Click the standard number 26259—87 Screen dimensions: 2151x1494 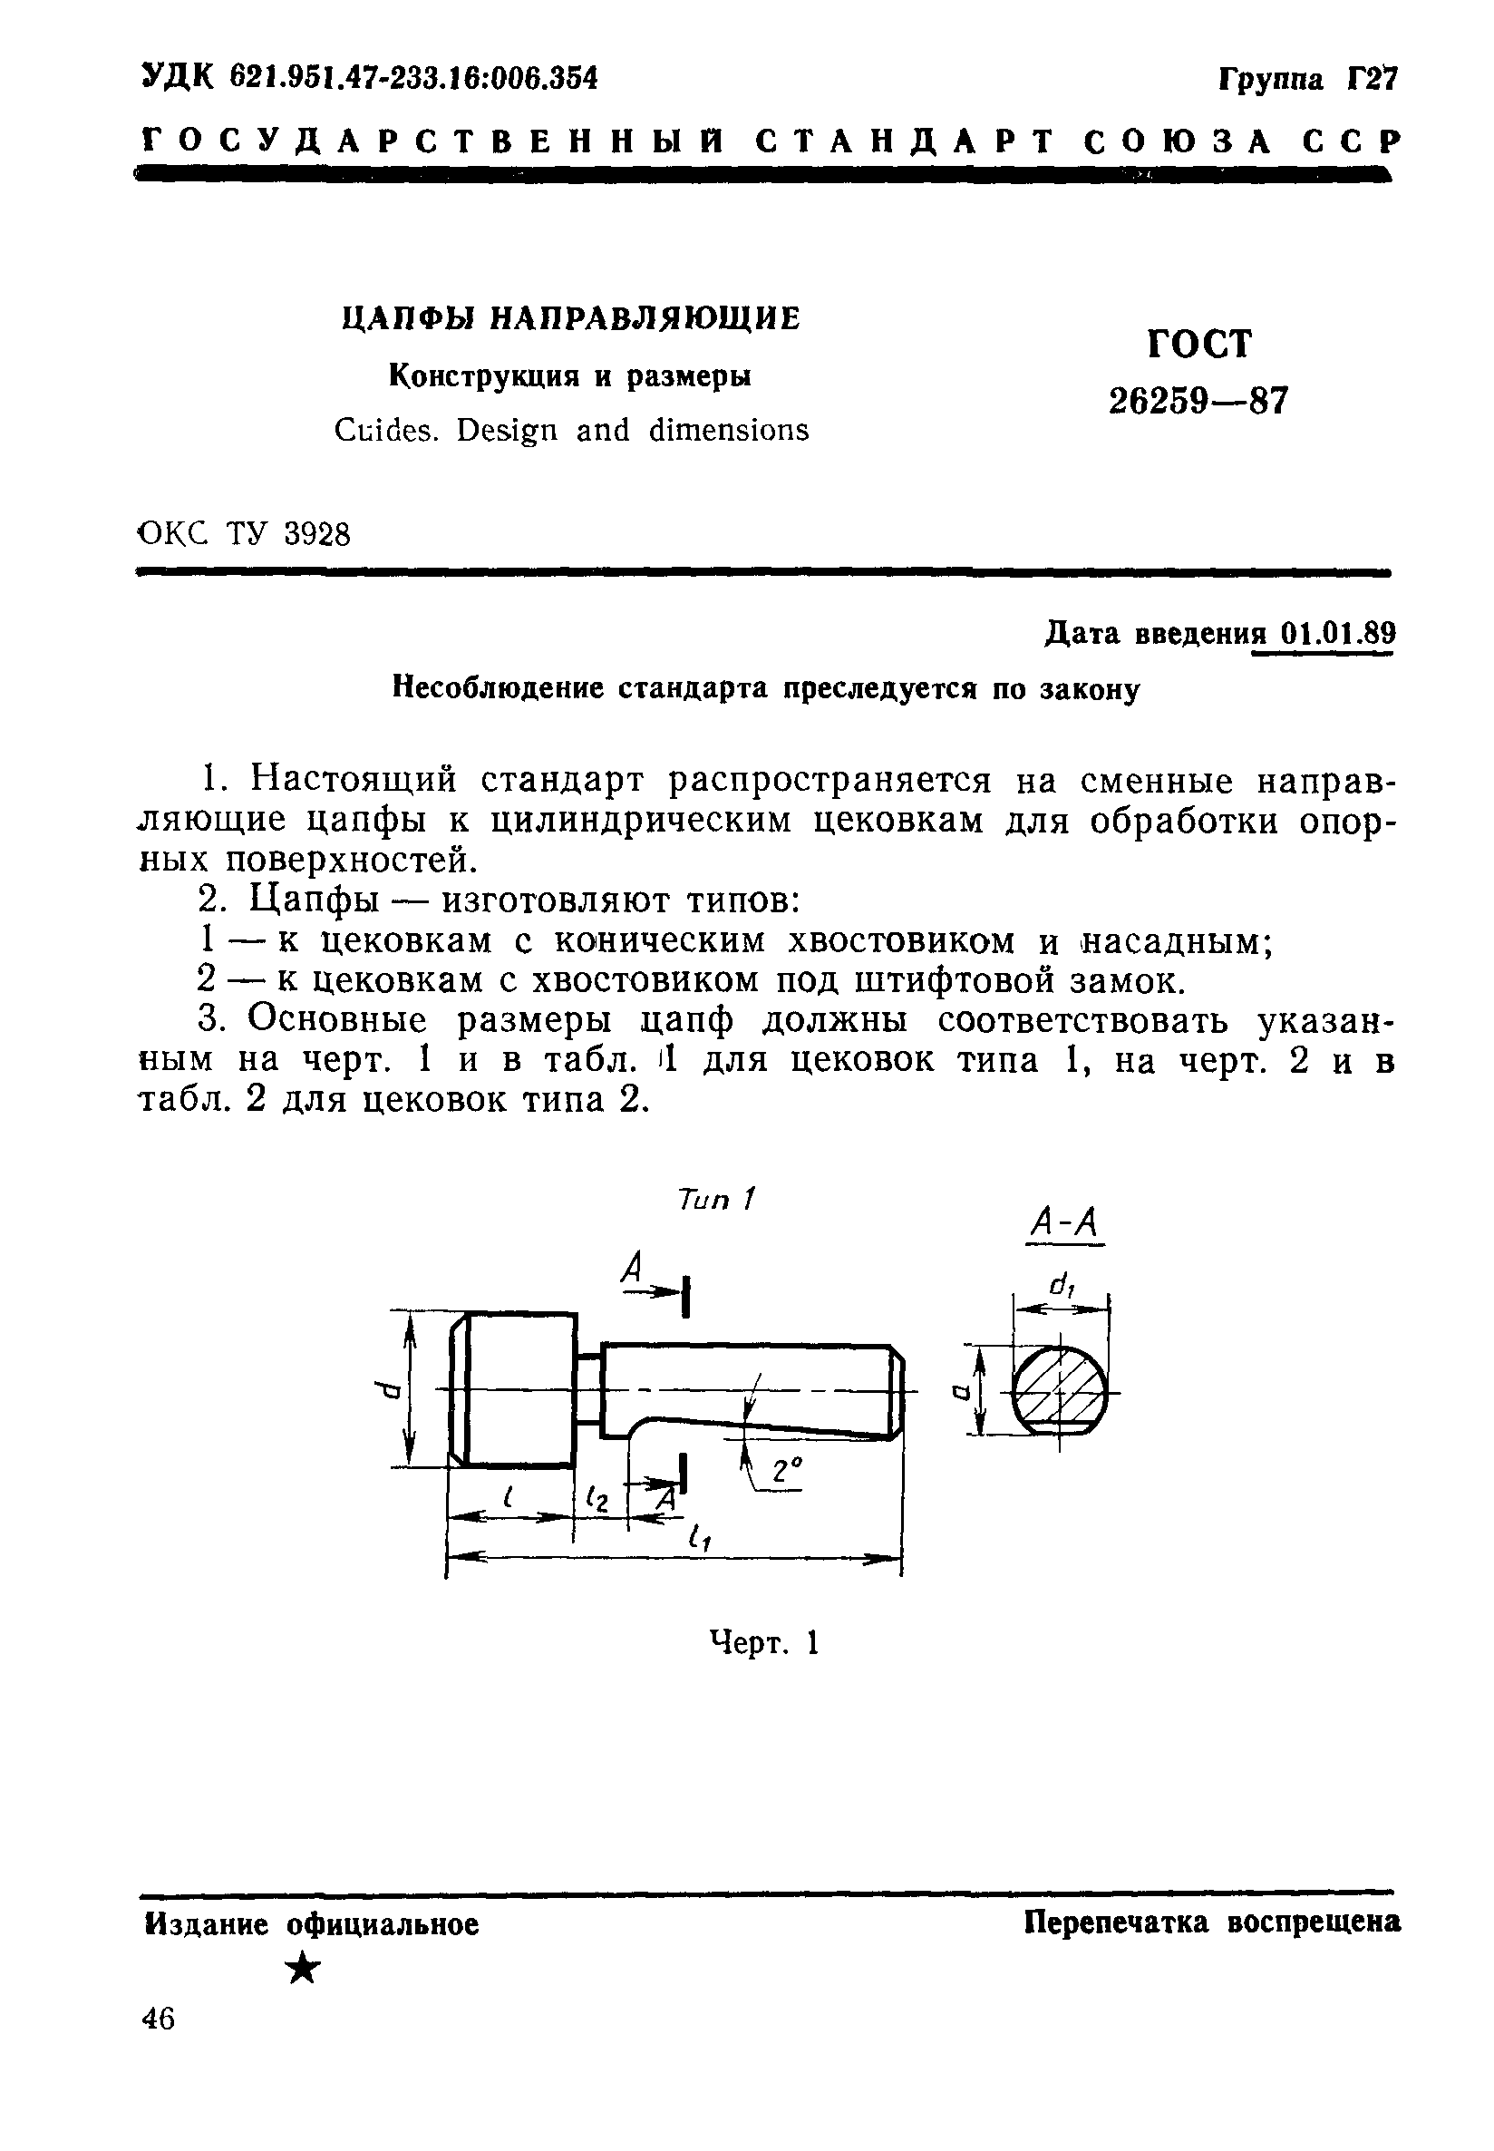tap(1198, 402)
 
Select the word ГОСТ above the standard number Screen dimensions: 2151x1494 tap(1198, 345)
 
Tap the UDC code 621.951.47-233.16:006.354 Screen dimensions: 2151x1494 tap(415, 77)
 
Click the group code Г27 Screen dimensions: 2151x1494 tap(1372, 79)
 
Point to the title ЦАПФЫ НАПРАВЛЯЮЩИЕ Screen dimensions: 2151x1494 tap(571, 319)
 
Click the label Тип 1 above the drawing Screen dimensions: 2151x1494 tap(716, 1199)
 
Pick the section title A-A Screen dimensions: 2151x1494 tap(1064, 1222)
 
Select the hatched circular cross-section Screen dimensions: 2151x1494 tap(1060, 1390)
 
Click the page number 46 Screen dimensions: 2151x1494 tap(157, 2018)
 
